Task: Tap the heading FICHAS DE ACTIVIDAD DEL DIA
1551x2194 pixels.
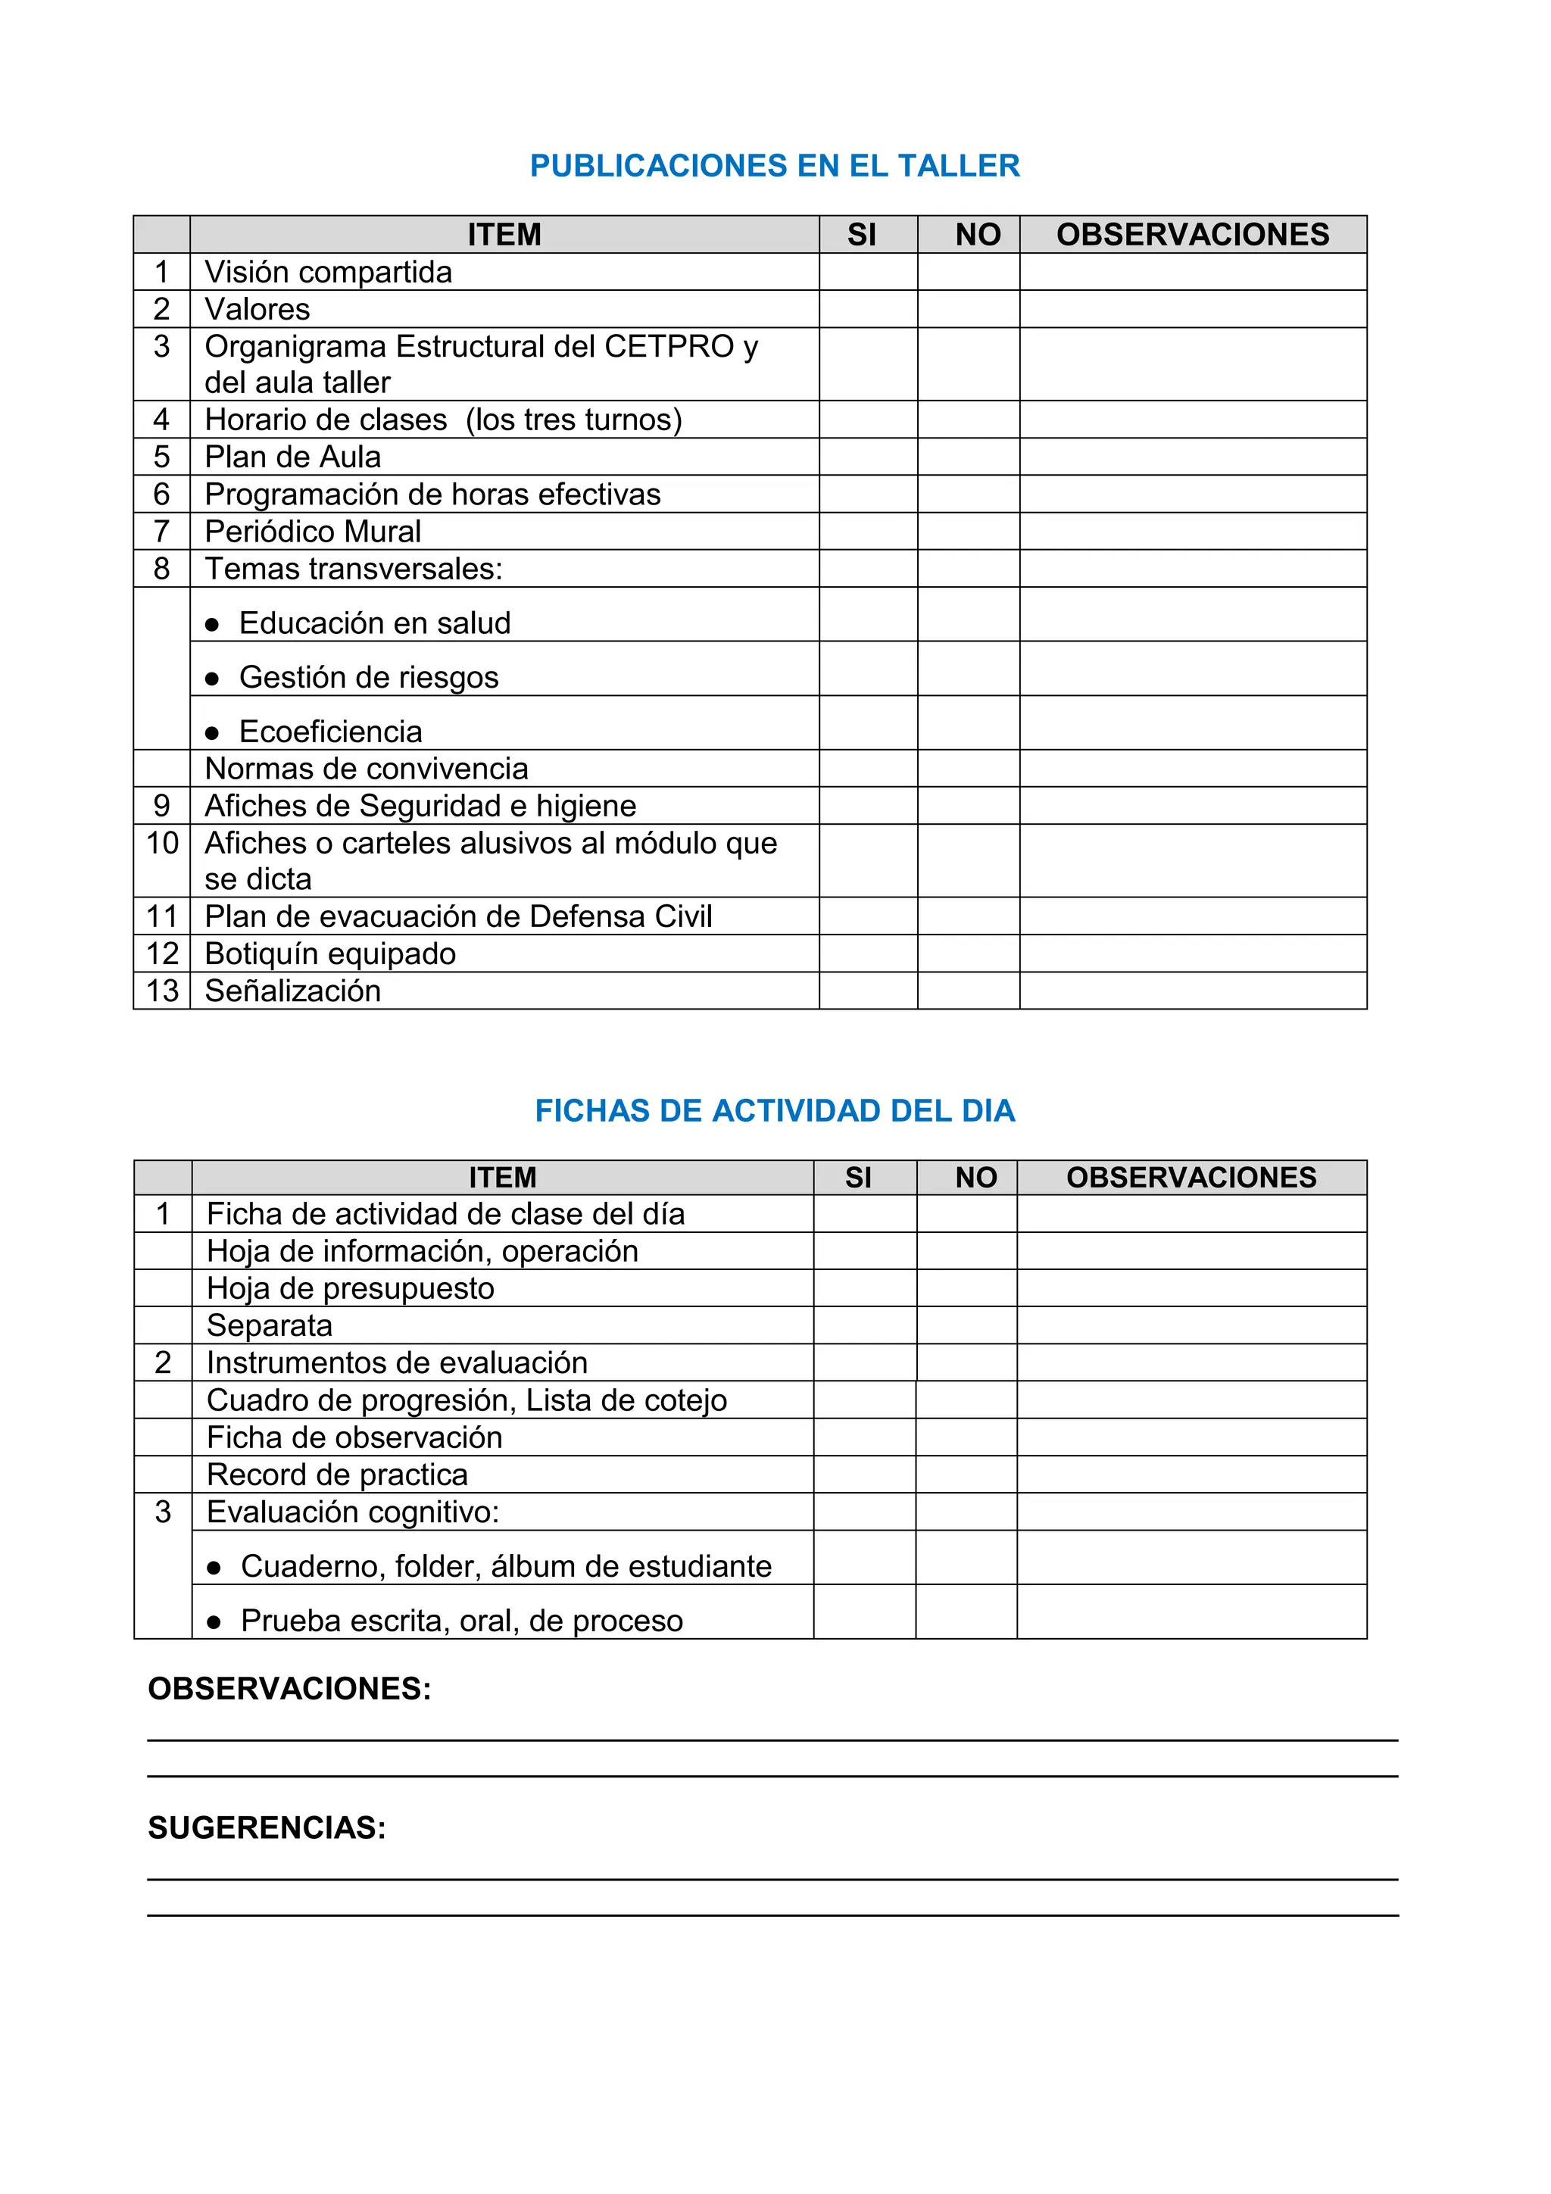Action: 774,1110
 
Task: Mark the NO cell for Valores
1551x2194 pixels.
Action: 968,309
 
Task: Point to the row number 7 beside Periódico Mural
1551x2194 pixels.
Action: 161,532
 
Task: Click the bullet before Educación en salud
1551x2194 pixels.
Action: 212,625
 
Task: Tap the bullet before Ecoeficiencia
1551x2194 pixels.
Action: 212,734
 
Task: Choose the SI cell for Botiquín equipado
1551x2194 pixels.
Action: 868,953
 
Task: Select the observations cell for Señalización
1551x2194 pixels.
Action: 1193,991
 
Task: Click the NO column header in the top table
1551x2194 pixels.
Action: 978,234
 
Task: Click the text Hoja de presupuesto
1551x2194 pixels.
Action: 351,1288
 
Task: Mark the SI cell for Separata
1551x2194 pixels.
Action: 865,1325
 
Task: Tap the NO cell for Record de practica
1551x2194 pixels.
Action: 966,1475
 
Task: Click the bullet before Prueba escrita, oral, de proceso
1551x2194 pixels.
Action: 214,1622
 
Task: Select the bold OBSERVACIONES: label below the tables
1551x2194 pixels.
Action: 289,1689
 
